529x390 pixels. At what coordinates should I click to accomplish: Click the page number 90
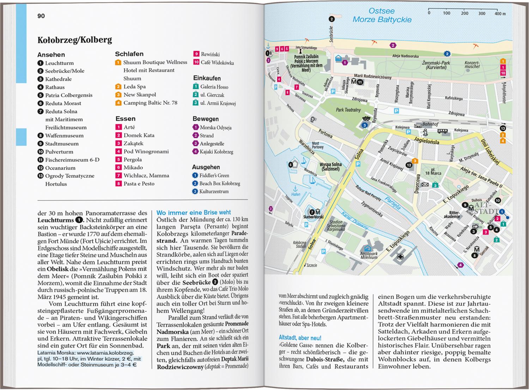[41, 16]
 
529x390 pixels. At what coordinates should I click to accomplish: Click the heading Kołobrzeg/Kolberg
[74, 40]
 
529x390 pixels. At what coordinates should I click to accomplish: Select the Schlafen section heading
[129, 54]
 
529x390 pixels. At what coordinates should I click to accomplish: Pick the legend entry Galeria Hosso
[214, 87]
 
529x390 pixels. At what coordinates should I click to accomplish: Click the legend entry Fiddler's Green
[214, 175]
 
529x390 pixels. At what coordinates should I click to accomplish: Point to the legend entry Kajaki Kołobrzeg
[216, 152]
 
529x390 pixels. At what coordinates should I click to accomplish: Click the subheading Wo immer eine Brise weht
[194, 212]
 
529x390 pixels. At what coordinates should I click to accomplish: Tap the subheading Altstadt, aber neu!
[300, 338]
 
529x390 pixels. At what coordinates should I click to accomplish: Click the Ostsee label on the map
[382, 11]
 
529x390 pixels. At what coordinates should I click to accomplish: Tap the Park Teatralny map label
[348, 110]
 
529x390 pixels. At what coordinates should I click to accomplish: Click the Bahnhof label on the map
[430, 124]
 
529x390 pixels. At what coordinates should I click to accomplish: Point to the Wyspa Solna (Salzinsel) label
[330, 167]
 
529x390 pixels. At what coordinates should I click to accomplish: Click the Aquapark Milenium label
[369, 255]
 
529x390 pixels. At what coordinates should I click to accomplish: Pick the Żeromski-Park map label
[436, 65]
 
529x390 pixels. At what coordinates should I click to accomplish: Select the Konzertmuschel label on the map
[472, 65]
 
